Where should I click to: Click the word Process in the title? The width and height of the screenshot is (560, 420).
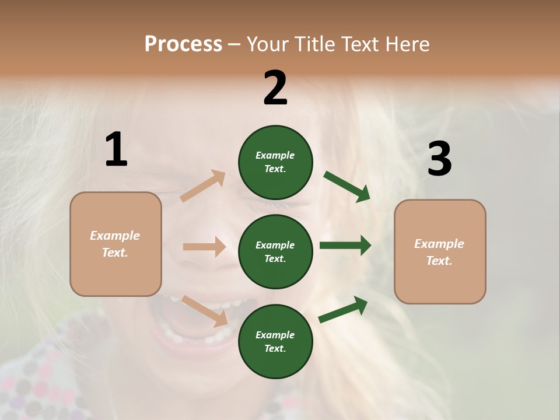point(183,44)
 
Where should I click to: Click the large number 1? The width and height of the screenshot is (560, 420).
point(116,150)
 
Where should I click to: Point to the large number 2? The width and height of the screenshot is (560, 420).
point(275,88)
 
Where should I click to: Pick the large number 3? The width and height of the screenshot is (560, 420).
point(439,159)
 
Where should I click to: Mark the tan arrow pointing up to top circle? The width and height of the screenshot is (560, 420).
point(203,186)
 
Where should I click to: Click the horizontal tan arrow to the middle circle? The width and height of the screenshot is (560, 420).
point(204,247)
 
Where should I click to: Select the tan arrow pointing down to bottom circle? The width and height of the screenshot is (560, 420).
point(204,310)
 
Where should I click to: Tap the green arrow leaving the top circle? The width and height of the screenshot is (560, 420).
point(346,186)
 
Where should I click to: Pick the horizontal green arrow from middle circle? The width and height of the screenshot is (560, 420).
point(345,246)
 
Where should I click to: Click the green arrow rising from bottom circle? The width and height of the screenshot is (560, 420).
point(343,309)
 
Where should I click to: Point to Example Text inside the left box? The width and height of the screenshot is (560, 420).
point(115,244)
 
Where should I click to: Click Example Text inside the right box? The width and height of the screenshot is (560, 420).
point(439,252)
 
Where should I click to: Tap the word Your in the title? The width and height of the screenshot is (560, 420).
point(269,44)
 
